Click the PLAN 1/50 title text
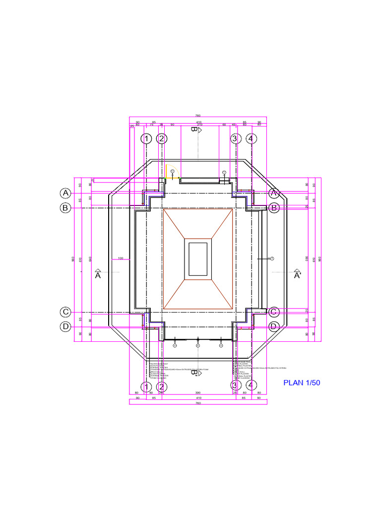[302, 382]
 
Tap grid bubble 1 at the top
[146, 139]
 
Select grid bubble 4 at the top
[252, 139]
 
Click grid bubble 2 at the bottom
[161, 386]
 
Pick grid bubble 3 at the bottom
[235, 385]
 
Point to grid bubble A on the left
[65, 192]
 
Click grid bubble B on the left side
[65, 208]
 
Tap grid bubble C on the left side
[65, 312]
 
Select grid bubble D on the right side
[273, 326]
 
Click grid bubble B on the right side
[273, 208]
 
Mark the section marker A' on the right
[298, 274]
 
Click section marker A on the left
[98, 274]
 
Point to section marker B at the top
[195, 130]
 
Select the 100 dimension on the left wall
[120, 258]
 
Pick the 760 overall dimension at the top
[198, 116]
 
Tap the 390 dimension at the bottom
[198, 392]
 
